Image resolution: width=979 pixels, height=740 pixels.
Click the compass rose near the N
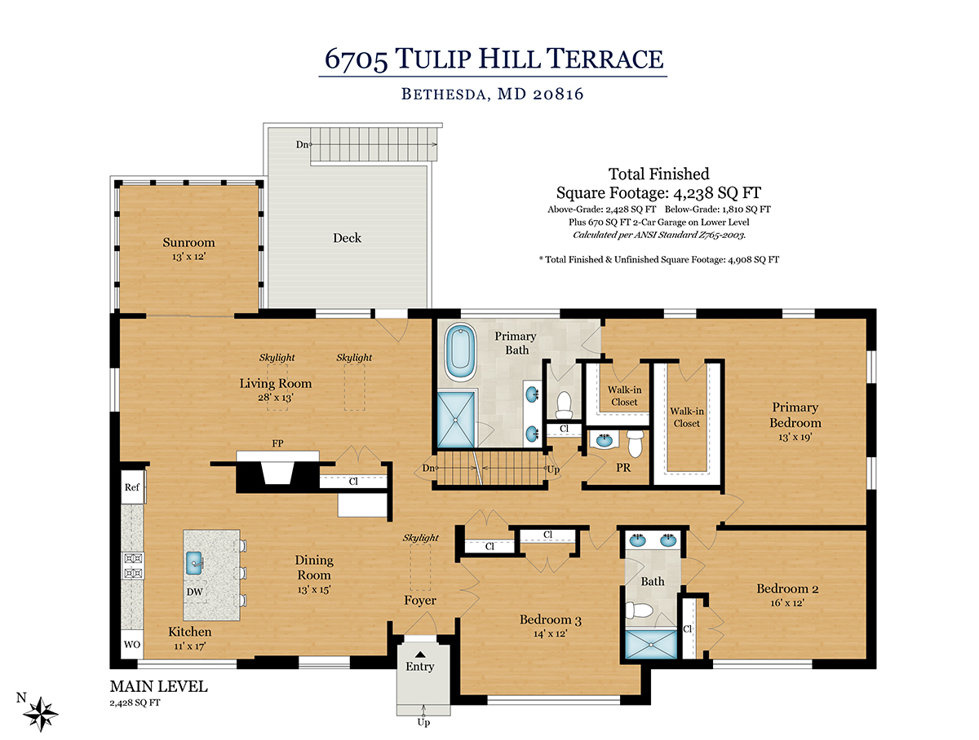pos(40,714)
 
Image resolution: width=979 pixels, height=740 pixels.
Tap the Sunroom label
pos(188,242)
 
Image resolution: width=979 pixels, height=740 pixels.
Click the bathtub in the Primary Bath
pos(461,353)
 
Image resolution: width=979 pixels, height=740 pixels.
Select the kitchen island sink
pos(194,563)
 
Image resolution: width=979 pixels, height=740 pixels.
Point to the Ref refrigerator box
pos(132,487)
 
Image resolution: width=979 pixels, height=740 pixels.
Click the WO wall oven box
pos(132,644)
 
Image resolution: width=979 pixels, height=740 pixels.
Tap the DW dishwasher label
pos(194,592)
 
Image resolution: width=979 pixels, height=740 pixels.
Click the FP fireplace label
pos(277,443)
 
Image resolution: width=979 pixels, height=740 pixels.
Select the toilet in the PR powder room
pos(635,443)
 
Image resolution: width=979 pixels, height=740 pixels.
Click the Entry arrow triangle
pos(420,654)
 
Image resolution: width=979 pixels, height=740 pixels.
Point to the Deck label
pos(347,238)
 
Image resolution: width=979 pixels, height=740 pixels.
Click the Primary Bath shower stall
pos(456,420)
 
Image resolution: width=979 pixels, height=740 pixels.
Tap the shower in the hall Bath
pos(651,644)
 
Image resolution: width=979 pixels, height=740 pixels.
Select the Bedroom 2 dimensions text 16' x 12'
pos(787,603)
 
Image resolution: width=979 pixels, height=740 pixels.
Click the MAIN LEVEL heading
pos(159,686)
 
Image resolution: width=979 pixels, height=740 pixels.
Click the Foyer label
pos(420,601)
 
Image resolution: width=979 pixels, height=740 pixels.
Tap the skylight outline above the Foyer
pos(421,567)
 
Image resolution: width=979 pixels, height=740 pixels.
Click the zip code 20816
pos(558,94)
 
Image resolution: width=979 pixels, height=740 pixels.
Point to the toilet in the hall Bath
pos(633,610)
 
